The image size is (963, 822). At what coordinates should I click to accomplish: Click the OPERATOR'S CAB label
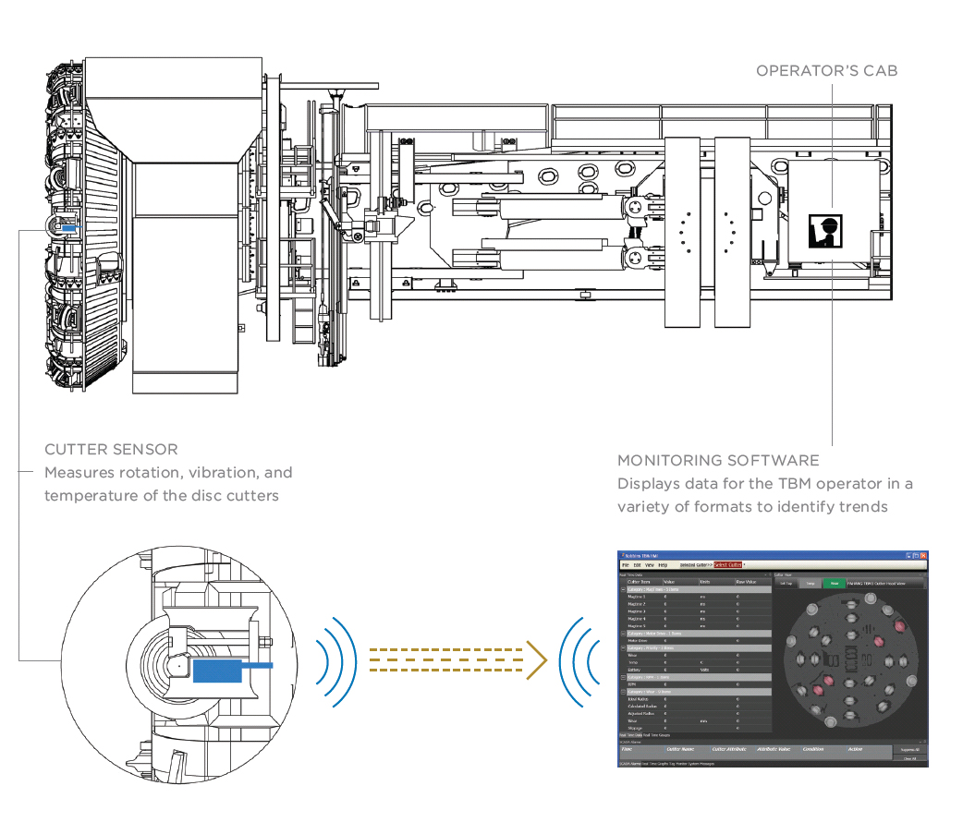point(826,70)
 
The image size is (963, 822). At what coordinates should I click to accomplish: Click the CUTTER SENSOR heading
point(111,450)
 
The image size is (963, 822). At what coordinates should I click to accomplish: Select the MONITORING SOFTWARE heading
point(718,460)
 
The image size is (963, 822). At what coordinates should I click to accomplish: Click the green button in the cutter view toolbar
point(834,584)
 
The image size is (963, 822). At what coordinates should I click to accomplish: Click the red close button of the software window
point(922,556)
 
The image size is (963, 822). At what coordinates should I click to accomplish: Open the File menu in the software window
point(626,564)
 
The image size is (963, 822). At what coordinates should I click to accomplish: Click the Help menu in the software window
point(663,564)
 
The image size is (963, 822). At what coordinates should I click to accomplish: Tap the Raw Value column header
point(746,582)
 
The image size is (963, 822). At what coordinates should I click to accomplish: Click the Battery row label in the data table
point(635,669)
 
